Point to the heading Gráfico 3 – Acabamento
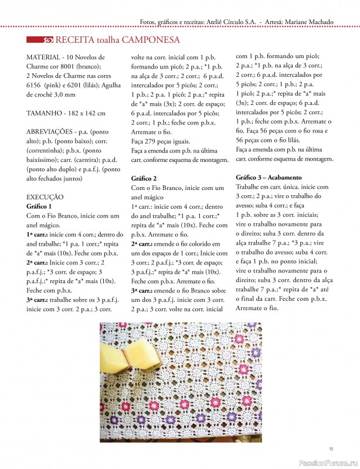[x=269, y=176]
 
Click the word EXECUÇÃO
[x=45, y=197]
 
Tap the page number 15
[x=331, y=448]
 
